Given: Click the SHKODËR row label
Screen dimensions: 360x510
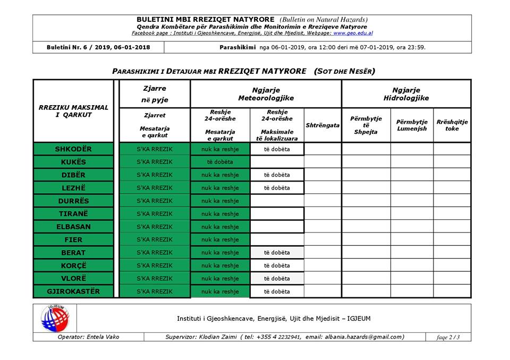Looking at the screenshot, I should click(x=73, y=149).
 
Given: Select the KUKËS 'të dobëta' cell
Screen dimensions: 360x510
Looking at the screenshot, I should click(x=220, y=162).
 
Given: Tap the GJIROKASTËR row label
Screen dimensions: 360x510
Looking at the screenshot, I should click(x=73, y=292).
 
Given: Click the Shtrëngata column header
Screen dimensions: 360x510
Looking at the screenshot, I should click(x=322, y=125).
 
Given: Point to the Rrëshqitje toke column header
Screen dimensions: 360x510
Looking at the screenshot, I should click(x=452, y=125).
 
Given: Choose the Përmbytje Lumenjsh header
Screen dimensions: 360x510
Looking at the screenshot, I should click(x=412, y=125).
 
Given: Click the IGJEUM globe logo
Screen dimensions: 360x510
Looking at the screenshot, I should click(x=55, y=319).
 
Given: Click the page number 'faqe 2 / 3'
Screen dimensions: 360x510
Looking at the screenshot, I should click(x=448, y=337).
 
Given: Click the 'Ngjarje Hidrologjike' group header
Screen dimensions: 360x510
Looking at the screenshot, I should click(x=406, y=95).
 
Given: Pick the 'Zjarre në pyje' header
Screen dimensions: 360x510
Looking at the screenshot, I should click(x=155, y=95).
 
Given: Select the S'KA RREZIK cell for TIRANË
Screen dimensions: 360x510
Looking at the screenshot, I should click(x=155, y=214).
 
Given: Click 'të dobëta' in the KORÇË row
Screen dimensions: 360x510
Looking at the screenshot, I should click(x=277, y=265).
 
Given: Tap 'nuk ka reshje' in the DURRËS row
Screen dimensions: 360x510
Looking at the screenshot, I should click(x=220, y=201).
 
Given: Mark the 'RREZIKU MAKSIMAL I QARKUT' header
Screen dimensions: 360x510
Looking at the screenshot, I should click(x=73, y=111).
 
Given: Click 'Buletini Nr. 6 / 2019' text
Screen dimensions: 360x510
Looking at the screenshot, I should click(x=80, y=47).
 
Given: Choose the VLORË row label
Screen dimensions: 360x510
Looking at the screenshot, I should click(x=73, y=278).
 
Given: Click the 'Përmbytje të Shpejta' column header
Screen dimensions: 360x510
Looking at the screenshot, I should click(x=366, y=125).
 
